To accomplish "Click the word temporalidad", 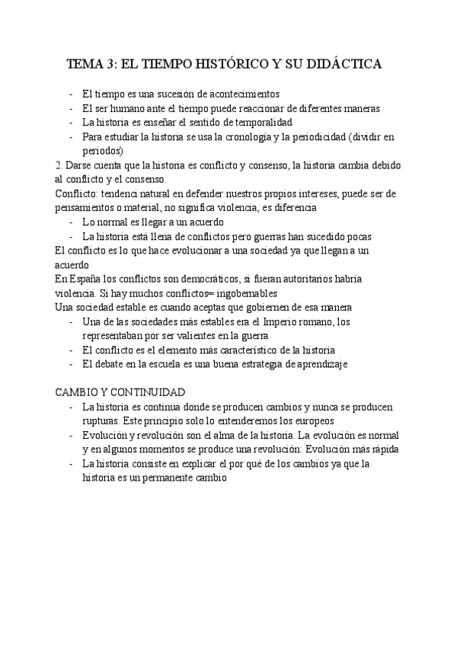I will click(x=259, y=123).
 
